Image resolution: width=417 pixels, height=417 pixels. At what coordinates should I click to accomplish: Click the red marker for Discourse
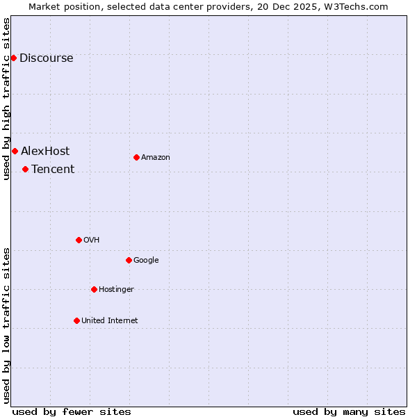click(13, 58)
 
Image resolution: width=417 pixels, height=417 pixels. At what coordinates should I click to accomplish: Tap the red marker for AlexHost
click(15, 151)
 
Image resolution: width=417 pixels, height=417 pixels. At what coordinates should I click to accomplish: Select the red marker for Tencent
click(25, 169)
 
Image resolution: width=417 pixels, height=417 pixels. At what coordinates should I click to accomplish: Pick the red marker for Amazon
click(136, 157)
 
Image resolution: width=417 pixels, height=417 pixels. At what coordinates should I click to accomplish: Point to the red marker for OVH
click(79, 240)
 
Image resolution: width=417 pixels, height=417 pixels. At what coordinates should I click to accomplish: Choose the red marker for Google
click(129, 260)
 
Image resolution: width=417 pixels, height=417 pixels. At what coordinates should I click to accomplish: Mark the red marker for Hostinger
click(94, 289)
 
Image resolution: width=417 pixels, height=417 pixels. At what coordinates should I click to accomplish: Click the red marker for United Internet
click(76, 320)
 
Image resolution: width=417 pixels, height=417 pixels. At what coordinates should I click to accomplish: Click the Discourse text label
click(46, 58)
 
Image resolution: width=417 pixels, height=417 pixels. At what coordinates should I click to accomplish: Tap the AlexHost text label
click(45, 152)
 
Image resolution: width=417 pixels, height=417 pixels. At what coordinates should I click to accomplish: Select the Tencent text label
click(53, 170)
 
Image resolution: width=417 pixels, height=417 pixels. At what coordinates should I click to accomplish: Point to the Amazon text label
click(156, 158)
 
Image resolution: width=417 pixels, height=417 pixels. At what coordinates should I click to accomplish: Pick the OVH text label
click(91, 240)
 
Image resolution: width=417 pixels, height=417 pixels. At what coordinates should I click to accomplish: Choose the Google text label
click(146, 261)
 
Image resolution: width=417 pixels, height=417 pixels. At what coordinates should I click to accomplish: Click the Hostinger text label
click(116, 290)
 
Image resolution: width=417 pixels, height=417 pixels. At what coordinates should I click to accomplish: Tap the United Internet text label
click(109, 321)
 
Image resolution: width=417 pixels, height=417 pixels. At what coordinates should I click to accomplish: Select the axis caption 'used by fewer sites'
click(72, 411)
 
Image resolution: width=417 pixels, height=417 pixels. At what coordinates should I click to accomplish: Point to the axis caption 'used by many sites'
click(349, 411)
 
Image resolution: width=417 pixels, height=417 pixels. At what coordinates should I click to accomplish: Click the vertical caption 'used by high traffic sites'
click(6, 99)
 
